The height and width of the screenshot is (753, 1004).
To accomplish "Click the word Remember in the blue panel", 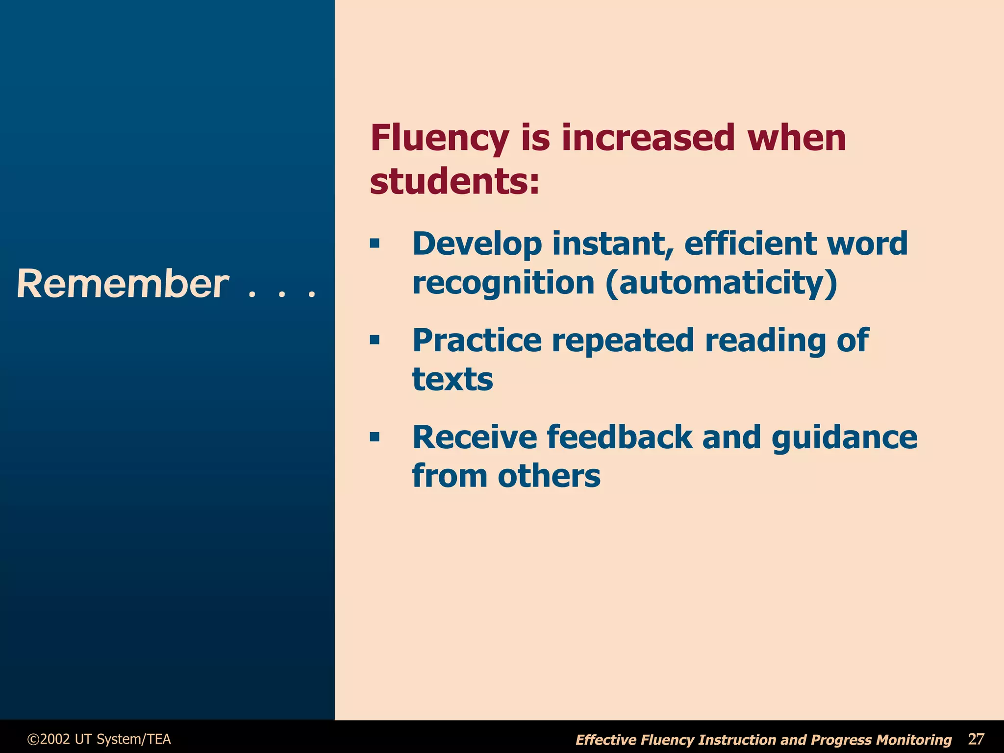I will pos(123,284).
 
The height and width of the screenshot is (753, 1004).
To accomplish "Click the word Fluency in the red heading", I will pos(439,139).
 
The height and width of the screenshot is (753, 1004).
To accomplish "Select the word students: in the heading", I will pos(454,182).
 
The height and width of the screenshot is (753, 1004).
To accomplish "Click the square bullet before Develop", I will pos(375,243).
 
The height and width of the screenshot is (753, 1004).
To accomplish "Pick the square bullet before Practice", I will pos(375,340).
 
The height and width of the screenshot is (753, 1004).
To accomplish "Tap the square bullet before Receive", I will pos(375,437).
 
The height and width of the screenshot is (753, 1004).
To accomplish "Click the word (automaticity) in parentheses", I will pos(721,283).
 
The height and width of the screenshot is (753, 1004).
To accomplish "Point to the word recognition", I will pos(503,283).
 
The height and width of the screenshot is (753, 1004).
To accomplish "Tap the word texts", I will pos(452,379).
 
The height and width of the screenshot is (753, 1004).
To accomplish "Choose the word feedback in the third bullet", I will pos(620,437).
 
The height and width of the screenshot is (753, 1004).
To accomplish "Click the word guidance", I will pos(844,437).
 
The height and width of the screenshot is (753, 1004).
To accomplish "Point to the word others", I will pos(549,476).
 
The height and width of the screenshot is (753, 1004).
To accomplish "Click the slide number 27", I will pos(976,739).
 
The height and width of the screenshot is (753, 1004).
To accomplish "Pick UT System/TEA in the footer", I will pos(123,739).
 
